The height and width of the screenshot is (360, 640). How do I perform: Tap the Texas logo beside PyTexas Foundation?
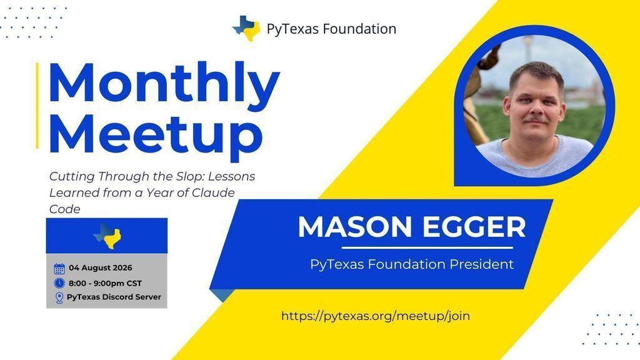246,28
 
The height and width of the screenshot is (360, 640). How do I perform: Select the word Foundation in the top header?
359,29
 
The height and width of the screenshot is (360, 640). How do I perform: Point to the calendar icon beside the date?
59,268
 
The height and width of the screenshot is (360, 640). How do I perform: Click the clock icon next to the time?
59,283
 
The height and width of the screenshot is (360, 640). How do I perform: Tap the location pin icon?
59,297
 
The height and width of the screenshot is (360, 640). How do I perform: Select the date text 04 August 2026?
101,267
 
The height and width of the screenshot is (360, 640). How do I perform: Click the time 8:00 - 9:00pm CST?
105,283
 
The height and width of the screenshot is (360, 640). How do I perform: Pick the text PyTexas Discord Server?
114,297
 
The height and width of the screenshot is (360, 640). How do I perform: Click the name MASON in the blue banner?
355,227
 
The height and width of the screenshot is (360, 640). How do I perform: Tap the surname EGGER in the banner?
474,227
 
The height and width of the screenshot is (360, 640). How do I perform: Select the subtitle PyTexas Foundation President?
412,264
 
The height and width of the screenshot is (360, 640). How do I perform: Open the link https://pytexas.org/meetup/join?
376,316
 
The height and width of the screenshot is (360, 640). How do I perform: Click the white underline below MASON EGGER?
427,247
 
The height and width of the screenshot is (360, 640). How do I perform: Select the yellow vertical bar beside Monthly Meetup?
37,105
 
